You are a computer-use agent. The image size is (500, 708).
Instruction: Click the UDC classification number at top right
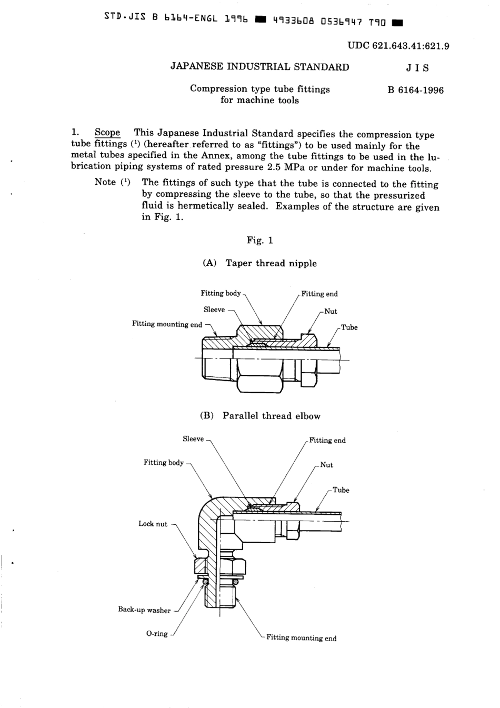point(398,46)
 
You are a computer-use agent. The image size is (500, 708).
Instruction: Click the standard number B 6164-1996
point(415,90)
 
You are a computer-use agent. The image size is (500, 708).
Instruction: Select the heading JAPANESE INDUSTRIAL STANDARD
point(260,67)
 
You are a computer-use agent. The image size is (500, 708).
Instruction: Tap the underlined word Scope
point(107,133)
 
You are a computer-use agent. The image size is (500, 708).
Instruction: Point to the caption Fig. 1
point(260,241)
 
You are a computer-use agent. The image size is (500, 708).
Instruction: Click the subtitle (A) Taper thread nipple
point(259,263)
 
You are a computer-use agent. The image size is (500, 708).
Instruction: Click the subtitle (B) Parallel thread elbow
point(260,416)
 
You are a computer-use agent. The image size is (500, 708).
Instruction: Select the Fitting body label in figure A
point(221,293)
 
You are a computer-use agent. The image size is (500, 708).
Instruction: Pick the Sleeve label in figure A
point(214,310)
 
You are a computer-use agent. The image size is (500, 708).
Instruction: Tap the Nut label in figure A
point(331,311)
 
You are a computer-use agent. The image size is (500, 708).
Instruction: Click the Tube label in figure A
point(349,327)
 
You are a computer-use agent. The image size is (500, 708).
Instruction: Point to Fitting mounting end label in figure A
point(167,324)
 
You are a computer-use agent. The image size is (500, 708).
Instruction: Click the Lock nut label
point(153,524)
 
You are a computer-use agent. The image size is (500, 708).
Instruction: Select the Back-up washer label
point(144,610)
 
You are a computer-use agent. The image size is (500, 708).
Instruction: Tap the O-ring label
point(157,634)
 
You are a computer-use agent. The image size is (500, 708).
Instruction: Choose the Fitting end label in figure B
point(327,441)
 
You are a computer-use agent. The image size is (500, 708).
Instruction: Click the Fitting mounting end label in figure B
point(301,638)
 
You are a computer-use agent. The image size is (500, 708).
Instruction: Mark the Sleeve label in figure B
point(193,439)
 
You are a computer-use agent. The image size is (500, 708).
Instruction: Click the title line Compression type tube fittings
point(260,89)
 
